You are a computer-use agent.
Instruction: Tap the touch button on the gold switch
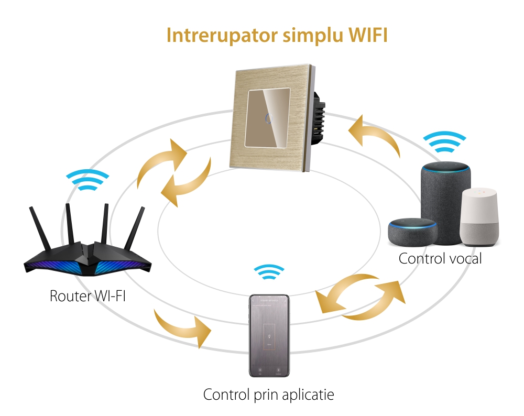[269, 118]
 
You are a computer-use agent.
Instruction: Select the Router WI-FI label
[88, 295]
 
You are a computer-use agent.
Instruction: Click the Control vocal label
[440, 258]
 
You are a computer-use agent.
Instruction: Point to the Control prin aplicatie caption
[268, 395]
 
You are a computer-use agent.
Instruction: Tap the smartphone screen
[269, 335]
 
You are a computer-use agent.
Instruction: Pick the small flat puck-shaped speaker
[412, 234]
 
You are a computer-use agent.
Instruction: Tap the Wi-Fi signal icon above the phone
[269, 274]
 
